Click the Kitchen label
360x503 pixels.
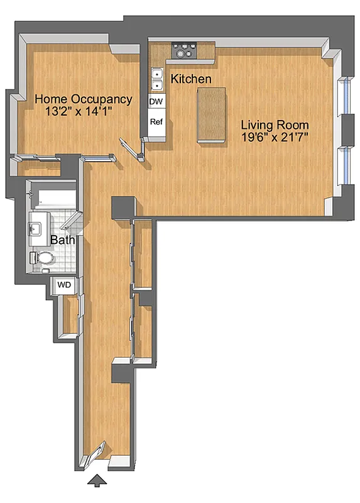pyautogui.click(x=191, y=79)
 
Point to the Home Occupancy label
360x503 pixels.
pyautogui.click(x=83, y=99)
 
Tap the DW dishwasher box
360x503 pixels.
pyautogui.click(x=156, y=101)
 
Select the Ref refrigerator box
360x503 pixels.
pyautogui.click(x=156, y=122)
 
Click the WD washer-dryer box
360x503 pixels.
pyautogui.click(x=64, y=285)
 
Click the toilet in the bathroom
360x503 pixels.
pyautogui.click(x=44, y=258)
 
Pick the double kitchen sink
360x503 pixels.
pyautogui.click(x=156, y=79)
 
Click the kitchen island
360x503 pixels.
pyautogui.click(x=210, y=115)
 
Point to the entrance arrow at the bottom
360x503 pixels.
pyautogui.click(x=96, y=482)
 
